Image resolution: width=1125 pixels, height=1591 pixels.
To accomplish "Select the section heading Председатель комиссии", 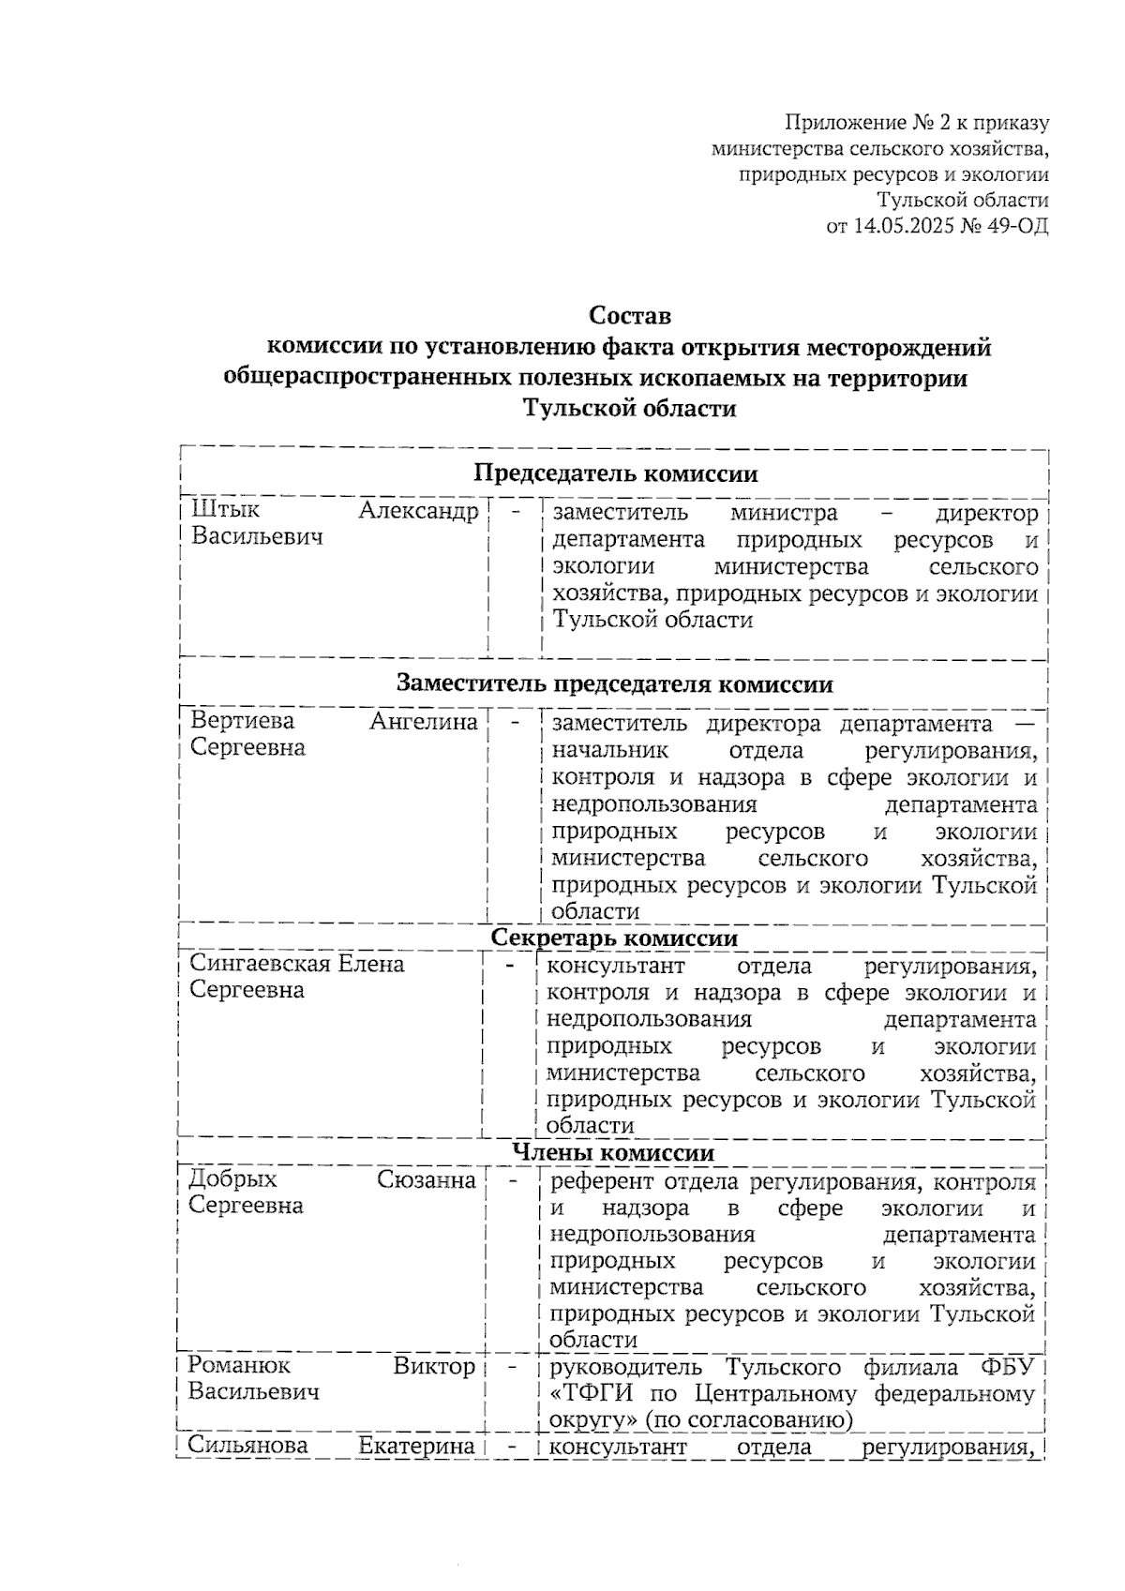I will pos(615,473).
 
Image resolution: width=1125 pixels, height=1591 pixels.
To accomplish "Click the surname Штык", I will pos(225,511).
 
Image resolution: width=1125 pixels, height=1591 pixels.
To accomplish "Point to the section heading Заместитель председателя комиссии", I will pos(614,683).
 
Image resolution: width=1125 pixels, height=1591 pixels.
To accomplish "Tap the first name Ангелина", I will pos(424,721).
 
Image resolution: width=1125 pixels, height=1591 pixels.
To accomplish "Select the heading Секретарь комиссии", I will pos(614,938).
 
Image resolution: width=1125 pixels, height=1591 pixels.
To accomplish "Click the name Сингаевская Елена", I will pos(296,964).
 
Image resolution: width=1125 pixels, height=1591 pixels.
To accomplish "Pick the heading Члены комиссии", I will pos(614,1152).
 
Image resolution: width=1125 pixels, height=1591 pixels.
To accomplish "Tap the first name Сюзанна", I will pos(427,1179).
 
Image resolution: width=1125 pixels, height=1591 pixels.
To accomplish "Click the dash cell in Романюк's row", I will pos(513,1368).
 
